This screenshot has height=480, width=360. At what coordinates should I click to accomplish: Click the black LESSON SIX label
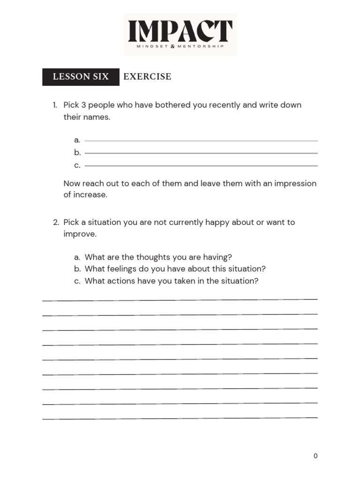tap(81, 76)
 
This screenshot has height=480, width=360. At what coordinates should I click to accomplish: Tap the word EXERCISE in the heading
tap(147, 76)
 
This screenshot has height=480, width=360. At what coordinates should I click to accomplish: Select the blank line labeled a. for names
tap(201, 141)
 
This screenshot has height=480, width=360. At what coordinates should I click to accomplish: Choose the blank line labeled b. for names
tap(201, 153)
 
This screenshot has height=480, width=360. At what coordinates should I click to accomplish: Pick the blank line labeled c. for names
tap(201, 165)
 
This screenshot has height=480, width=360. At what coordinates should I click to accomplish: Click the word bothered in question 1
tap(171, 105)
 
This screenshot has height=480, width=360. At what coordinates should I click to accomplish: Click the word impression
tap(295, 183)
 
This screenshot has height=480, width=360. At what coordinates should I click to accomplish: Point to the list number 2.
tap(56, 222)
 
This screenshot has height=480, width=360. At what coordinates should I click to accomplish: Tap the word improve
tap(80, 234)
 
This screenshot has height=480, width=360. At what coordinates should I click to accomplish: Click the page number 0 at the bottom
tap(315, 456)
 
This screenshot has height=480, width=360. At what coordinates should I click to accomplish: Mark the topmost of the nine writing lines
tap(180, 300)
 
